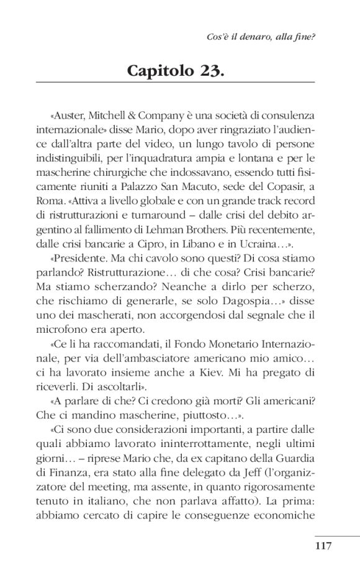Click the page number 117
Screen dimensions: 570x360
[x=324, y=547]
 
